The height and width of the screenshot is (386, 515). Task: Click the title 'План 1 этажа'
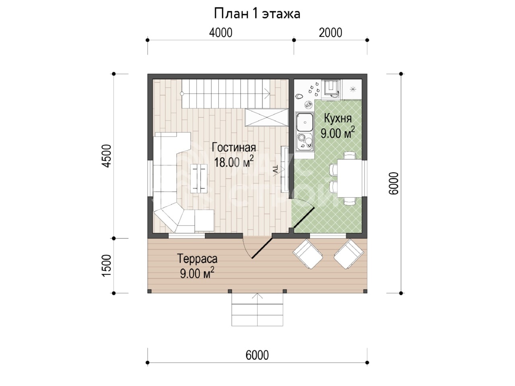pyautogui.click(x=257, y=14)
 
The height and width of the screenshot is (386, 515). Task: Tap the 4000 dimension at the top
pyautogui.click(x=220, y=33)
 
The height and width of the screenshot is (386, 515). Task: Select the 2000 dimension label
pyautogui.click(x=330, y=33)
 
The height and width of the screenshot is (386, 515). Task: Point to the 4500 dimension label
pyautogui.click(x=107, y=156)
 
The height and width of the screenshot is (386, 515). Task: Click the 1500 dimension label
pyautogui.click(x=107, y=265)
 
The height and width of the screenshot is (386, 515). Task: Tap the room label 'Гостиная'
pyautogui.click(x=234, y=148)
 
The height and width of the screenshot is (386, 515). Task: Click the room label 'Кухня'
pyautogui.click(x=338, y=119)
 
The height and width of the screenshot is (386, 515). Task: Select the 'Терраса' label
pyautogui.click(x=197, y=259)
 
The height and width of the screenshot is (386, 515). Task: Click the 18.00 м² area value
pyautogui.click(x=234, y=162)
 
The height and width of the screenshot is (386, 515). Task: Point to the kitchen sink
pyautogui.click(x=305, y=122)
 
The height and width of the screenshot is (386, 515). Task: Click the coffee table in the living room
pyautogui.click(x=199, y=179)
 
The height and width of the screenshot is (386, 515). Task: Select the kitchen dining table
pyautogui.click(x=349, y=179)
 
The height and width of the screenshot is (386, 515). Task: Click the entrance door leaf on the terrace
pyautogui.click(x=262, y=248)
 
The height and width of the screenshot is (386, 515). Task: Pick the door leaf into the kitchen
pyautogui.click(x=304, y=218)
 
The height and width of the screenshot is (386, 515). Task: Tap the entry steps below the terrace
pyautogui.click(x=257, y=309)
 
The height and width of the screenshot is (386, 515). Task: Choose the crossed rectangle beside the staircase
pyautogui.click(x=267, y=117)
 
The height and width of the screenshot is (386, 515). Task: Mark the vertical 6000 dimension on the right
pyautogui.click(x=393, y=183)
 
